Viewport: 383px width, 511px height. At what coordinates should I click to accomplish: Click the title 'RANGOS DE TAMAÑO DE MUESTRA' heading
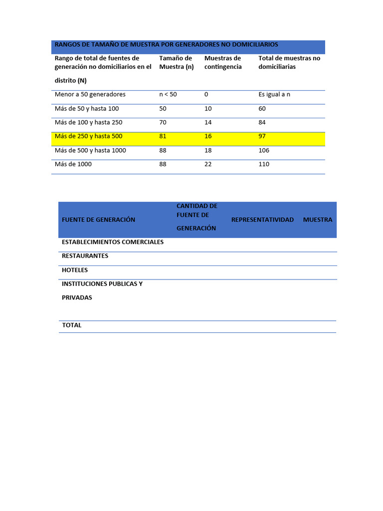coord(166,45)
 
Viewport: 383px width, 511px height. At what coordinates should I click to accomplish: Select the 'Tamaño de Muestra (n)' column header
coord(176,62)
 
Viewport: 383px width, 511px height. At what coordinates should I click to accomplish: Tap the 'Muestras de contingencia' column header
coord(223,62)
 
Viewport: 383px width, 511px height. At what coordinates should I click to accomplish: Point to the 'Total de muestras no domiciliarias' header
coord(289,62)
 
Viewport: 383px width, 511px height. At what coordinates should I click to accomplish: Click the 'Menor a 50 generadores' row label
coord(90,94)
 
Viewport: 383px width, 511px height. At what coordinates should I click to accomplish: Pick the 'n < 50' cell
coord(168,94)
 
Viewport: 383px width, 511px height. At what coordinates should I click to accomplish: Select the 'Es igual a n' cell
coord(274,94)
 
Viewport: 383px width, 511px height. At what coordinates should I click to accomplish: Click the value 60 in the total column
coord(262,108)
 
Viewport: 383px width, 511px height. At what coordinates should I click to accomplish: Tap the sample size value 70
coord(163,122)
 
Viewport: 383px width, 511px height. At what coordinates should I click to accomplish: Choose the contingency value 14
coord(208,122)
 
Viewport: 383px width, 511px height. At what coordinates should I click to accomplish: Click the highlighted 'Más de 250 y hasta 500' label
coord(88,136)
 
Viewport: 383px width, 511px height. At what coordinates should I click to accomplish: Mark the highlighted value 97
coord(262,136)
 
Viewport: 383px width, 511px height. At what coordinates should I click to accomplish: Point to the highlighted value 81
coord(163,136)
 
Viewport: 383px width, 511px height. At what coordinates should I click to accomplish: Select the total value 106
coord(264,150)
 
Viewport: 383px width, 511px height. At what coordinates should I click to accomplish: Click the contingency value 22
coord(208,164)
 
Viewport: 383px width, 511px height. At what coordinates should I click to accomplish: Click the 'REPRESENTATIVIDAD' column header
coord(262,220)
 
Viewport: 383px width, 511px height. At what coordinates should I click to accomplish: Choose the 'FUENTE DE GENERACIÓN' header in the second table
coord(99,220)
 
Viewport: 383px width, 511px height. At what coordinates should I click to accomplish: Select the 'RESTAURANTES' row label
coord(85,256)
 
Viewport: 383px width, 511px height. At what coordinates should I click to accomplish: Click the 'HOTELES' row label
coord(75,270)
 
